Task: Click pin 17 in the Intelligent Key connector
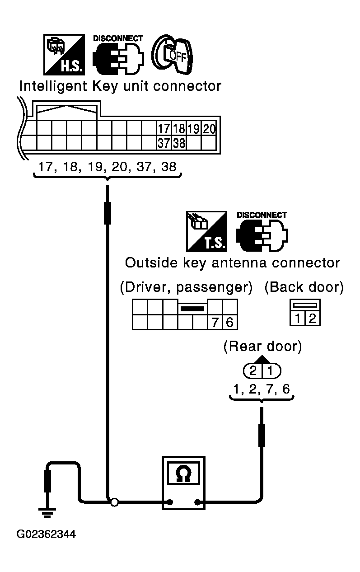(x=164, y=129)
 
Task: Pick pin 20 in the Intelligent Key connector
(x=209, y=129)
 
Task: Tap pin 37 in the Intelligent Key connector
(x=164, y=143)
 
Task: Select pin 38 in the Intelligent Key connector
(x=179, y=143)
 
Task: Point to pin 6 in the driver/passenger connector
(x=229, y=322)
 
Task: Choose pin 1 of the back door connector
(x=297, y=318)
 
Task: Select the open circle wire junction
(x=115, y=502)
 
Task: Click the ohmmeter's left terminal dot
(x=170, y=502)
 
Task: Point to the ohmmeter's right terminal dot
(x=197, y=502)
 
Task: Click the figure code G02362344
(x=46, y=534)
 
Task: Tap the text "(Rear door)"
(x=262, y=347)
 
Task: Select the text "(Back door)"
(x=304, y=287)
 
